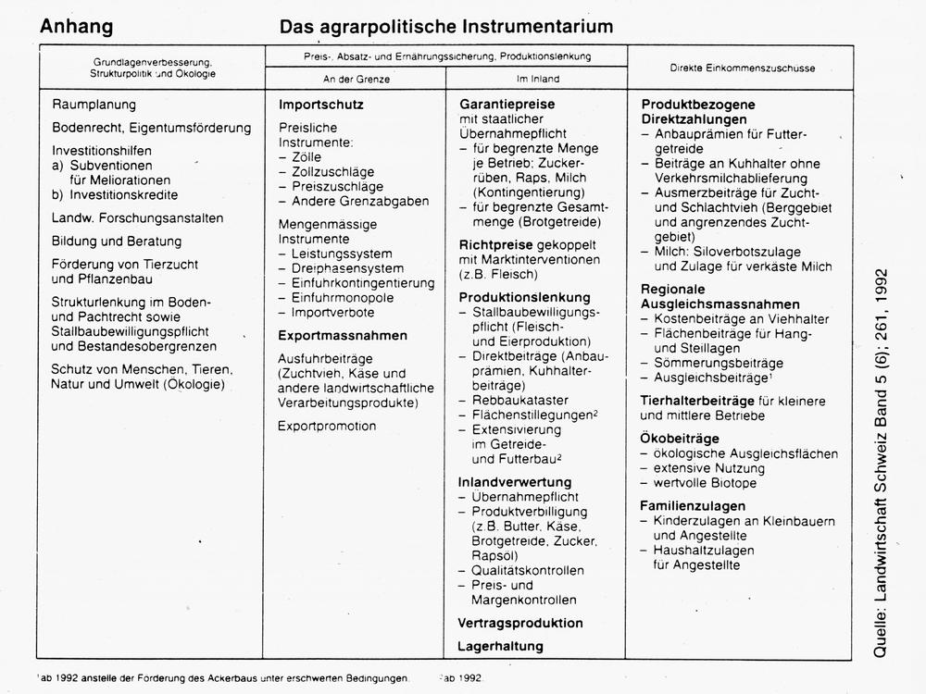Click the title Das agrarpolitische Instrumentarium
tap(446, 26)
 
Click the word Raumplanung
tap(94, 105)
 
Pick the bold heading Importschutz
tap(321, 105)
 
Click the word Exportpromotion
tap(327, 426)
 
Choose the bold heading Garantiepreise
tap(507, 105)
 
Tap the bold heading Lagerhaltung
tap(501, 646)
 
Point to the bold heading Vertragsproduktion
tap(520, 623)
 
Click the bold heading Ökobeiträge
tap(680, 438)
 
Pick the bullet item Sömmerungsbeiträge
tap(719, 363)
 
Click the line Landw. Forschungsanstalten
tap(137, 218)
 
